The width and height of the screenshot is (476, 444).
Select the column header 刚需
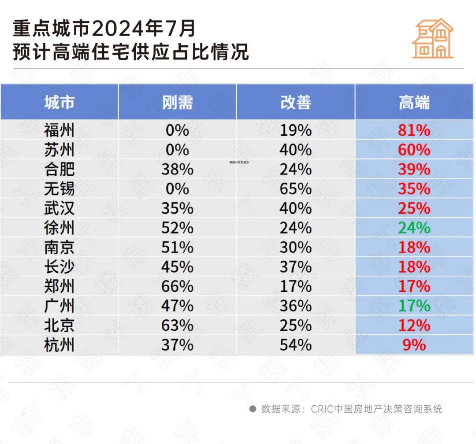pos(177,103)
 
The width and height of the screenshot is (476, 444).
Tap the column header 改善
pos(296,103)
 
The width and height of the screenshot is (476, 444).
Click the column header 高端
pos(414,103)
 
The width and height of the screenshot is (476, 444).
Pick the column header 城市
pos(59,103)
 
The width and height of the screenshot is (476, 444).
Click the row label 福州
pos(59,130)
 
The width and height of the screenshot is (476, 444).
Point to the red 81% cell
pos(414,130)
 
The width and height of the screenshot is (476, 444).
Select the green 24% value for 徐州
pos(414,228)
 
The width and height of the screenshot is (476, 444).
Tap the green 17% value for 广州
pos(414,306)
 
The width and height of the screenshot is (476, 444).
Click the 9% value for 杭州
pos(414,345)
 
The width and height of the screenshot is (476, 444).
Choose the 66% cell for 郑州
pos(177,286)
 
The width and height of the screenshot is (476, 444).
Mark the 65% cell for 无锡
pos(296,189)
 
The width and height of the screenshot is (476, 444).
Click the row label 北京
pos(59,326)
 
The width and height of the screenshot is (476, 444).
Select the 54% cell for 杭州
pos(296,345)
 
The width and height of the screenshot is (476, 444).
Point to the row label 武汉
pos(59,208)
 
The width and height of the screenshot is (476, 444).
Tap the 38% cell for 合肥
pos(177,170)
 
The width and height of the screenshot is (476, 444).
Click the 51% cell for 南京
pos(177,248)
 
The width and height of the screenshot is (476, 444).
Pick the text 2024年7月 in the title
pos(144,29)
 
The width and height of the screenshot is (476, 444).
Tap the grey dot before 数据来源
pos(253,409)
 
